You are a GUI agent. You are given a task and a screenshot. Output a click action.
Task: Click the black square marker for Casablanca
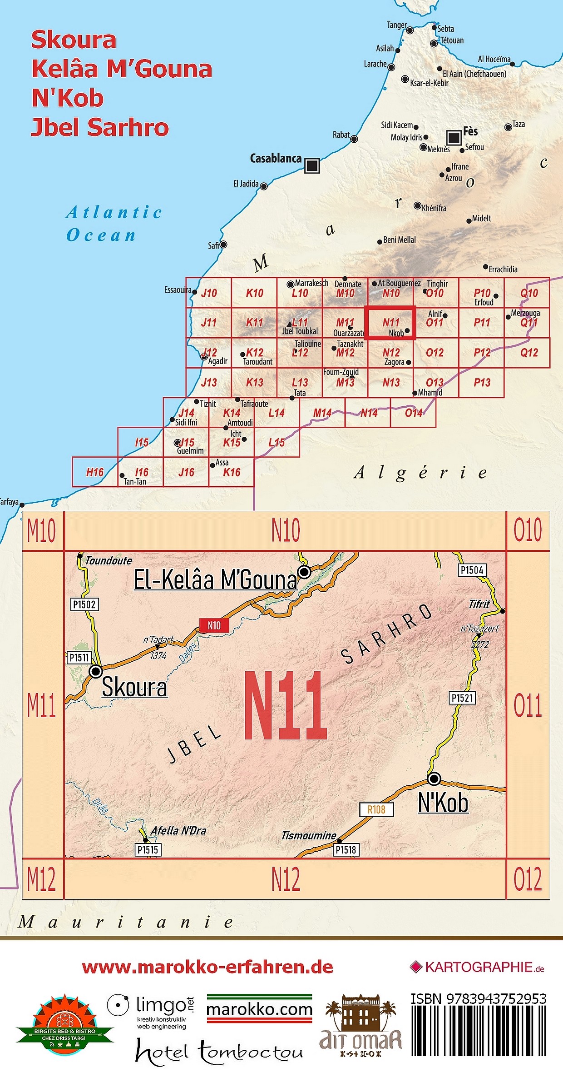click(x=312, y=166)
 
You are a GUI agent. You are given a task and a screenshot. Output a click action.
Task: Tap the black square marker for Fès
click(x=454, y=137)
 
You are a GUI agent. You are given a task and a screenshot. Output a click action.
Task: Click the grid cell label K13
click(x=254, y=383)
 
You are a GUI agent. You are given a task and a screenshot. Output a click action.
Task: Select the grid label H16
click(x=95, y=472)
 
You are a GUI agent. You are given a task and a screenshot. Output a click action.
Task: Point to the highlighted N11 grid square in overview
click(x=390, y=323)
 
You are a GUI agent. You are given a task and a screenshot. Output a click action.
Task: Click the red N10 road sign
click(x=214, y=625)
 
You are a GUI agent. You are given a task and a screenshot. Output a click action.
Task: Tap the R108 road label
click(x=376, y=809)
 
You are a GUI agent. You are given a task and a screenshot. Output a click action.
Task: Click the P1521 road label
click(x=462, y=698)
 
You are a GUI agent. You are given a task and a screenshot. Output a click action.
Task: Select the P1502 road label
click(x=84, y=604)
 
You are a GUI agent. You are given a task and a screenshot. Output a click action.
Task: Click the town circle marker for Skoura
click(x=96, y=671)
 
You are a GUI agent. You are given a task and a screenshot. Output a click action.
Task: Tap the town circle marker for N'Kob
click(x=434, y=779)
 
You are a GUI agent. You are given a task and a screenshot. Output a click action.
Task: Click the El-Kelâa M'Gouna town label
click(x=215, y=580)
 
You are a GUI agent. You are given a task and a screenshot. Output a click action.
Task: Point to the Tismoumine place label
click(x=308, y=835)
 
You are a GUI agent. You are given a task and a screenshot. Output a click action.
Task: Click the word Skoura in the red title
click(x=74, y=40)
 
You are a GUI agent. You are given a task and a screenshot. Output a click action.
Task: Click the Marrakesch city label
click(x=311, y=283)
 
